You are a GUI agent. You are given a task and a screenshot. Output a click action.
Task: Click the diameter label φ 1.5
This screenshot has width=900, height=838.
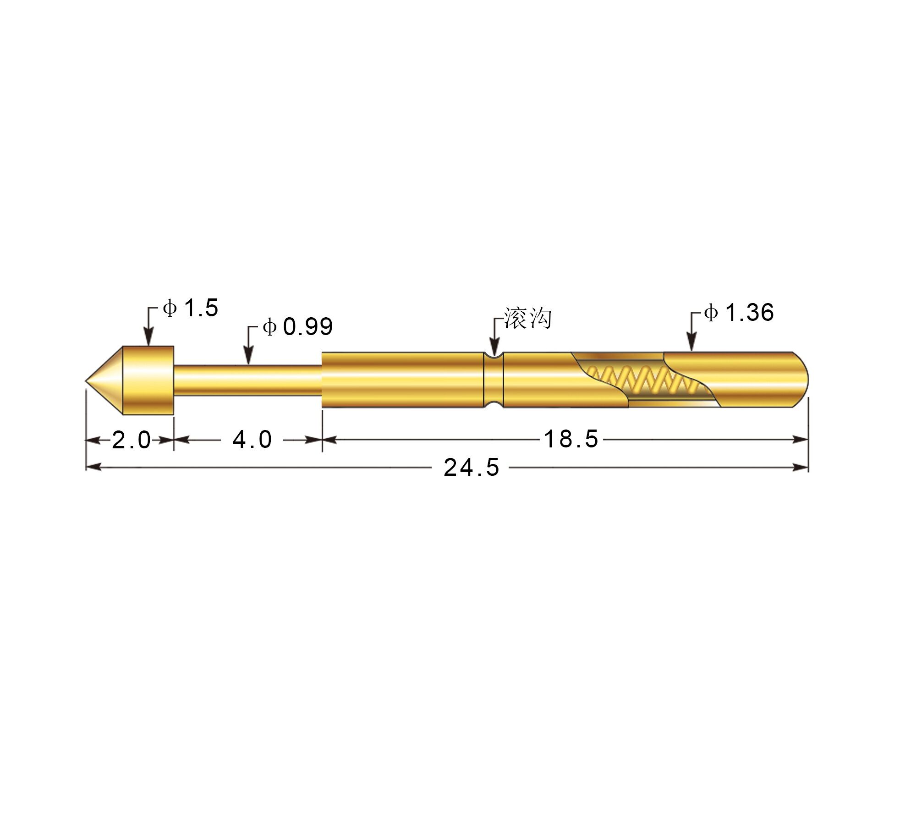pos(191,308)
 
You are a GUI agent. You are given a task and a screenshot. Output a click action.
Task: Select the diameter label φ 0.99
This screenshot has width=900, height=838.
pos(298,326)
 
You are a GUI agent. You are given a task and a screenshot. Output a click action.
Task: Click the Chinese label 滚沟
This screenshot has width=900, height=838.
pos(528,318)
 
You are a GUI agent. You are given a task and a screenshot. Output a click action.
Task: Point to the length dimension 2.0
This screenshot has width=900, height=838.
pos(132,440)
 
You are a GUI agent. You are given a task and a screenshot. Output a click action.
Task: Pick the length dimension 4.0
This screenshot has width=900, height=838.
pos(252,440)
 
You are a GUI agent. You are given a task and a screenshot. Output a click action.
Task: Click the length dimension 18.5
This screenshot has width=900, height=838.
pos(571,439)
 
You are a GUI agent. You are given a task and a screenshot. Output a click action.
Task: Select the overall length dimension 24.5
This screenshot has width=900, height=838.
pos(472,468)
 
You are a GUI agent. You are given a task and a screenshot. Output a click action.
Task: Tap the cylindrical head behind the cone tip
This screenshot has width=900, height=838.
pos(148,380)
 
